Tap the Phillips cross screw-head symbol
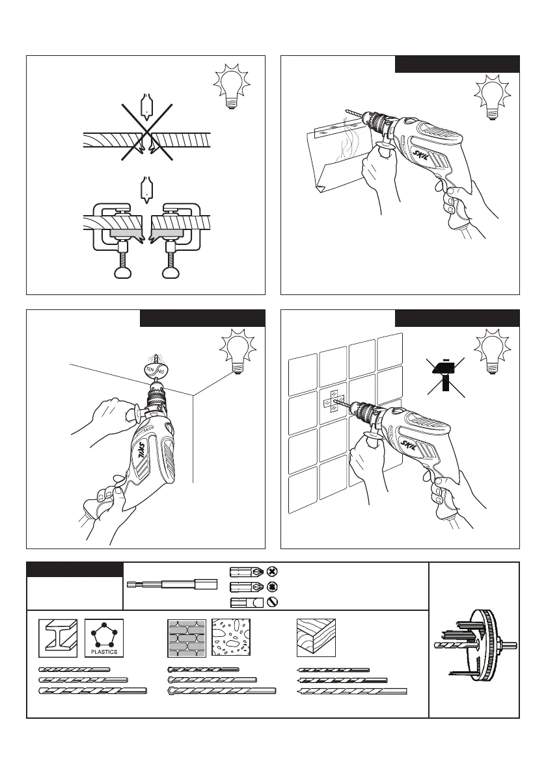pos(273,571)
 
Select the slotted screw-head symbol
pos(273,602)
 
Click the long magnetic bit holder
pos(171,582)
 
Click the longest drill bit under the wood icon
pos(352,691)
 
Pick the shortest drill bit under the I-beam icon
pos(74,669)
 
